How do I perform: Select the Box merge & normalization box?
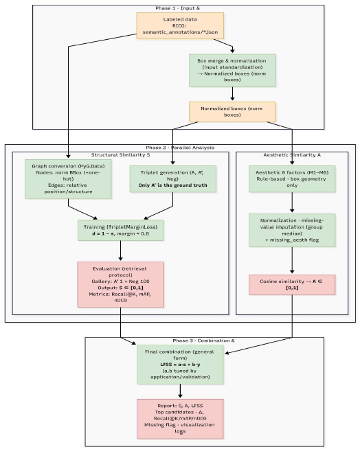[232, 70]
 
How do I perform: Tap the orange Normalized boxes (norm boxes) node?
[232, 112]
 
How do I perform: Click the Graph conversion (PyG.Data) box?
[68, 179]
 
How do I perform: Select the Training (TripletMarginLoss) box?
[121, 230]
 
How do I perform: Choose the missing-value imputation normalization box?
[292, 230]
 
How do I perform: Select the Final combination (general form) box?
[180, 364]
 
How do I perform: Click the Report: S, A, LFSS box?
[180, 418]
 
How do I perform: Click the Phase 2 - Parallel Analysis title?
[180, 148]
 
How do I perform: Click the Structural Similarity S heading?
[120, 155]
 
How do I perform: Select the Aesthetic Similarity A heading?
[292, 155]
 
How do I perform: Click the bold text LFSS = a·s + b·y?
[180, 364]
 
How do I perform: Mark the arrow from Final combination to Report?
[180, 391]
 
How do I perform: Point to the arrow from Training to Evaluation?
[121, 251]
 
